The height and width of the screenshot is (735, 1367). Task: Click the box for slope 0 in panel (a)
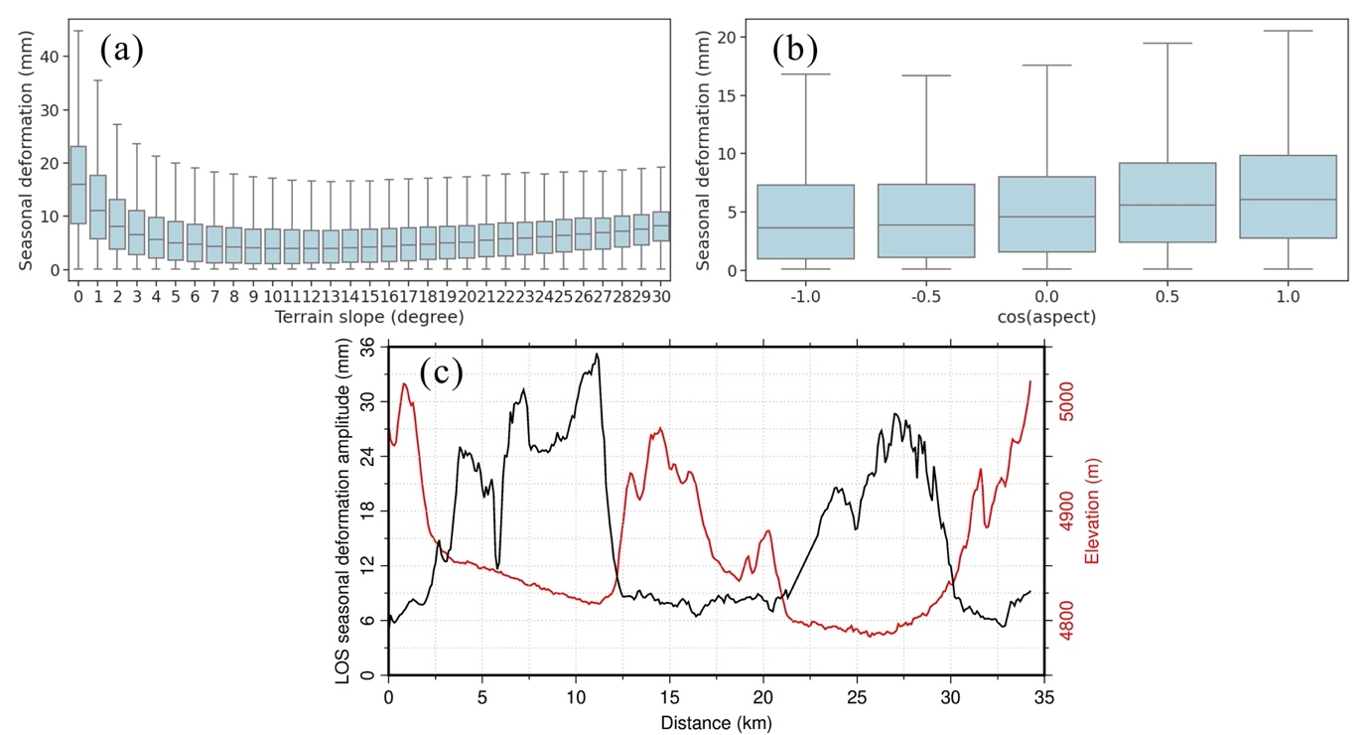click(77, 185)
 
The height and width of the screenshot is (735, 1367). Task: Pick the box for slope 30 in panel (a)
click(660, 225)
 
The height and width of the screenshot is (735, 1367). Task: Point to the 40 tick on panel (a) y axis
click(58, 57)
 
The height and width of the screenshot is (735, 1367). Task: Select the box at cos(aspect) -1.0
click(804, 221)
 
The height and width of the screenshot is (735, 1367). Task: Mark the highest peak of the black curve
click(597, 355)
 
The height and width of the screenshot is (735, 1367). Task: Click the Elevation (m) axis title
click(1094, 507)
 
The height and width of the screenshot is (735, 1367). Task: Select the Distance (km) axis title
click(716, 723)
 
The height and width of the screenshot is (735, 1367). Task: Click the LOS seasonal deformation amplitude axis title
click(343, 511)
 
